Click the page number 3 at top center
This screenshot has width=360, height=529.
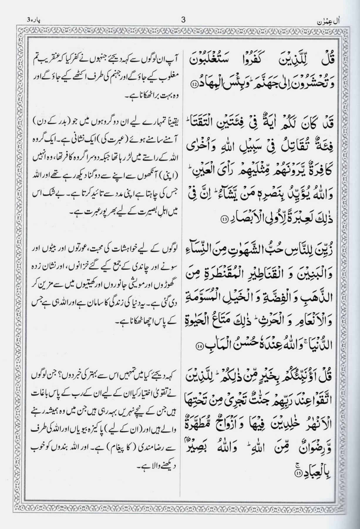[184, 20]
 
